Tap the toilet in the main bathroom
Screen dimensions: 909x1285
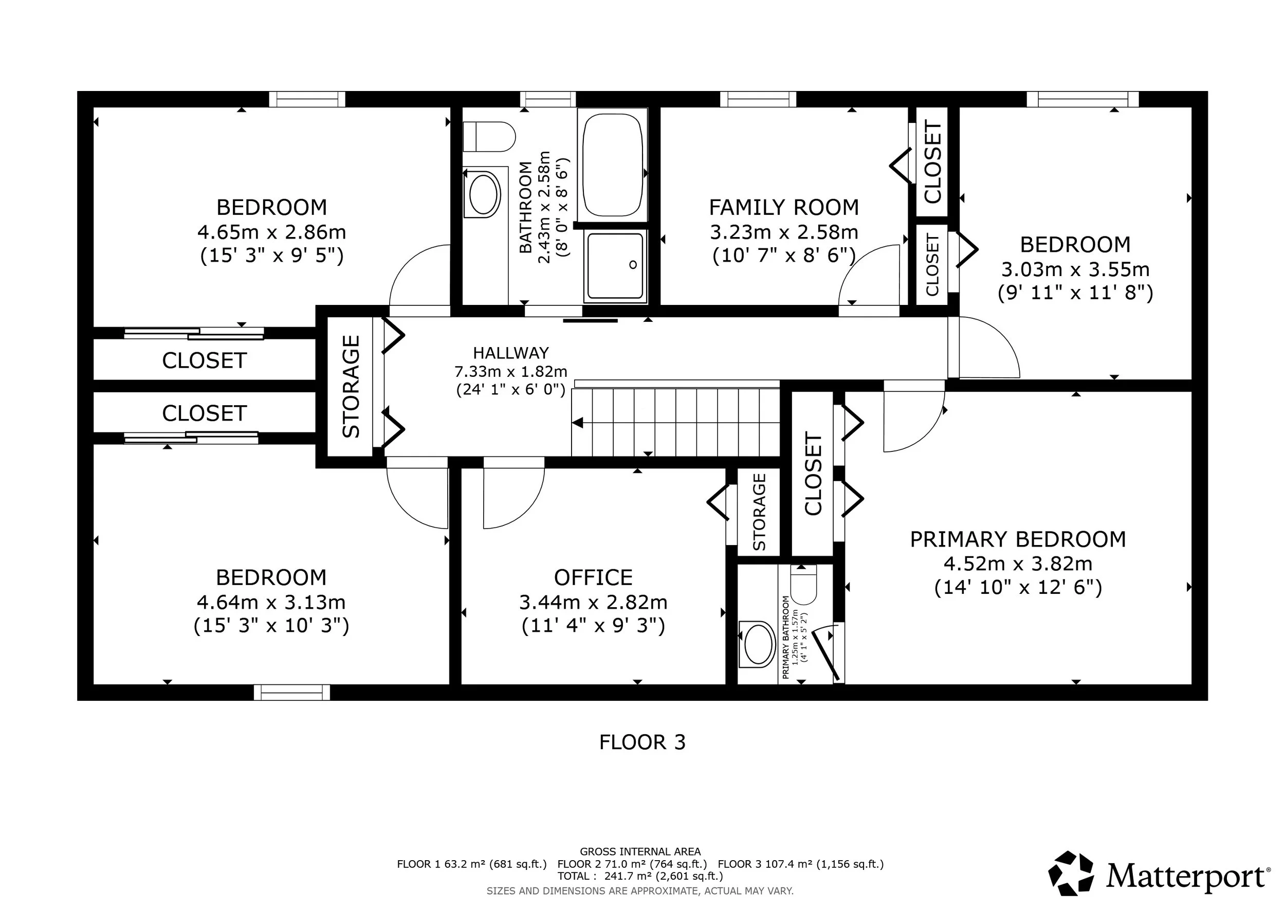[x=489, y=137]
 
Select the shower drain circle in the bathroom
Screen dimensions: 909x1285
[x=633, y=265]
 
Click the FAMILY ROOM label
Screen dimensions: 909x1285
[x=783, y=208]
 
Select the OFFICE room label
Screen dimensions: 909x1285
[x=593, y=577]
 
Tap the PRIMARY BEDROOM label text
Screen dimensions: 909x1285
[x=1018, y=539]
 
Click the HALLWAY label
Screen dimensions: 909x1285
[x=510, y=353]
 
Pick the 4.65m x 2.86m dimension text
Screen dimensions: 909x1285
[x=271, y=232]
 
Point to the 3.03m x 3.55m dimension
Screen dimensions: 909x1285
[x=1075, y=269]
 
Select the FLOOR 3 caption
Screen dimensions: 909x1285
[x=642, y=742]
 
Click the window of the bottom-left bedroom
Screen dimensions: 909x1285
[x=291, y=693]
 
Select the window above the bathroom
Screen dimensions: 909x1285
[x=547, y=99]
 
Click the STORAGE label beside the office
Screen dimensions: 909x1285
[x=759, y=512]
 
